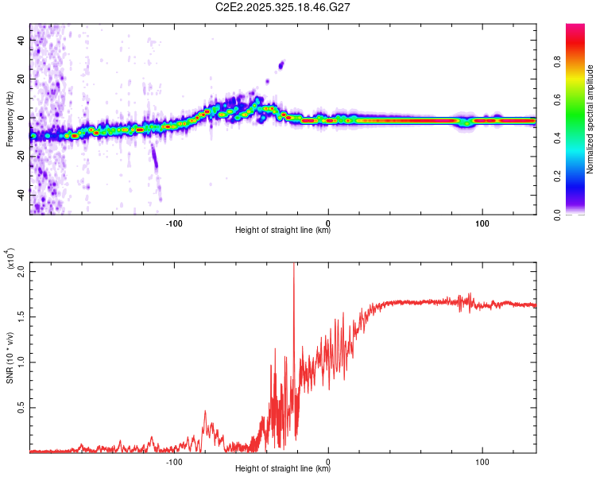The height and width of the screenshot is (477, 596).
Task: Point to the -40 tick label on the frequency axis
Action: (18, 194)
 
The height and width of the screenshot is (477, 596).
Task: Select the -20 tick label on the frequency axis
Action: (18, 156)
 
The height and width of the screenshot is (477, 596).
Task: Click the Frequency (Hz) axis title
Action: (10, 118)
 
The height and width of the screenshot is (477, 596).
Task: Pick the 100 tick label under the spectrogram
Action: (482, 223)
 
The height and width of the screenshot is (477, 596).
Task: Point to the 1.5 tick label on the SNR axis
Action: (21, 316)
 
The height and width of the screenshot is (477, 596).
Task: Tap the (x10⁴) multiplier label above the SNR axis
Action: (11, 258)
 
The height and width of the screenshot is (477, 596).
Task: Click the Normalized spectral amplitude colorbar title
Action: (590, 119)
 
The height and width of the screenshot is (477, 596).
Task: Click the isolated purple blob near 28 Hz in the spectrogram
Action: (281, 64)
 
